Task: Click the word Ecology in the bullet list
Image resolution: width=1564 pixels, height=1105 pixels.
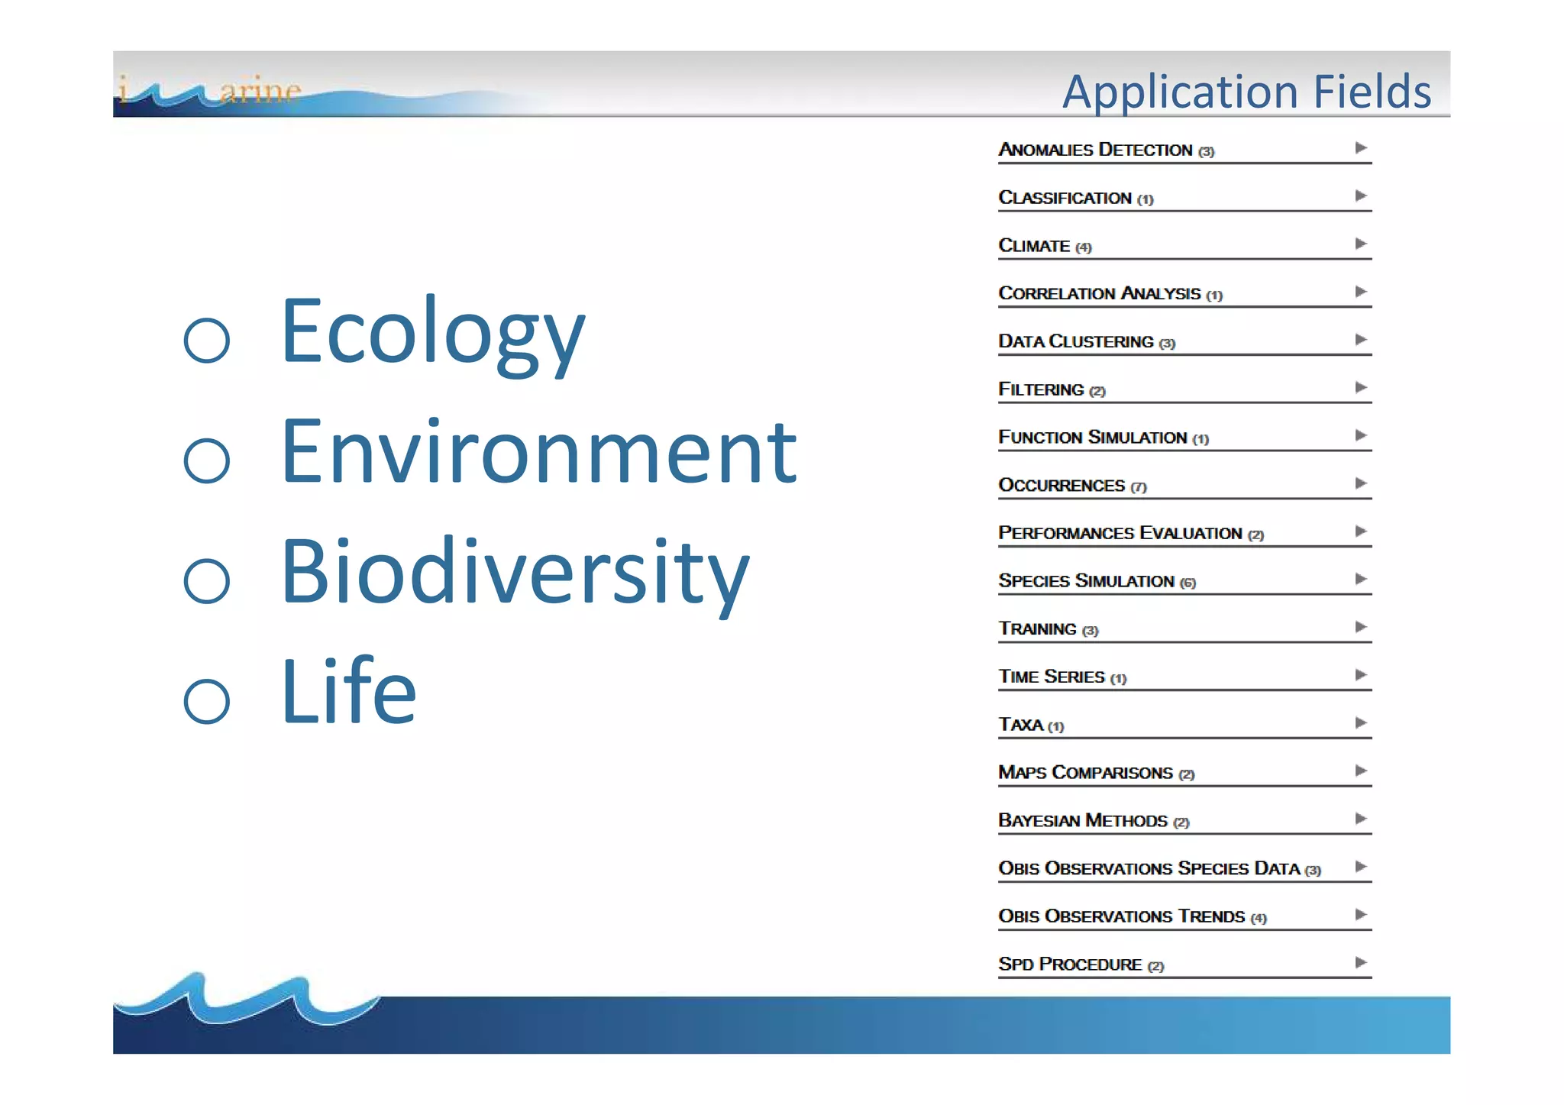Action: tap(432, 332)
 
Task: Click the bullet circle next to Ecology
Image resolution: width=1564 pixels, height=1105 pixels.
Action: tap(207, 340)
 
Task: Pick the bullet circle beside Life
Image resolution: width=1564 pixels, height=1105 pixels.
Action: tap(207, 700)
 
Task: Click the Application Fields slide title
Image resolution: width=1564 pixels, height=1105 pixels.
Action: tap(1246, 92)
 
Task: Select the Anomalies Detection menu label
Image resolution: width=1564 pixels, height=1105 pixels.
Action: tap(1095, 150)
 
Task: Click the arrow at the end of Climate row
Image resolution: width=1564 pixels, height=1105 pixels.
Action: tap(1361, 244)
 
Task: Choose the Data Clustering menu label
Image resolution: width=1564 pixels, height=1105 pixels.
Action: tap(1075, 341)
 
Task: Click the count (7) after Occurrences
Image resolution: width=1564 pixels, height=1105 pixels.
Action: tap(1139, 487)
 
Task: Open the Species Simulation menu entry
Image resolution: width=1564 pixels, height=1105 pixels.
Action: tap(1086, 581)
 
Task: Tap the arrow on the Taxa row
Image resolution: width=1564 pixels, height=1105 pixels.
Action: tap(1361, 722)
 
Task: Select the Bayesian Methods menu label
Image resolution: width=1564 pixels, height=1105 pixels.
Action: tap(1083, 821)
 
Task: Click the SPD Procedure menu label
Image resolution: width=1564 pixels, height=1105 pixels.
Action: tap(1070, 964)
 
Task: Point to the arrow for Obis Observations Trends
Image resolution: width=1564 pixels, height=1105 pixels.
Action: tap(1361, 914)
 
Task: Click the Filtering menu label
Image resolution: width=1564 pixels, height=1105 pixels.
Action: tap(1041, 389)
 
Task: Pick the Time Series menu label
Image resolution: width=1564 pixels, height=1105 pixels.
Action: tap(1052, 677)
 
